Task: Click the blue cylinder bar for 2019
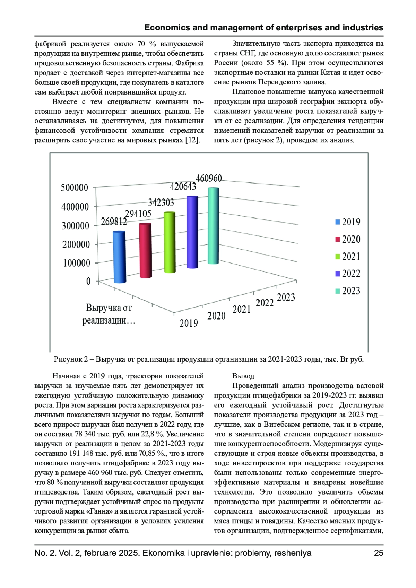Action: pyautogui.click(x=120, y=257)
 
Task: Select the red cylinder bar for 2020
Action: pyautogui.click(x=146, y=250)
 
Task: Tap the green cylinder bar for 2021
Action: pyautogui.click(x=170, y=242)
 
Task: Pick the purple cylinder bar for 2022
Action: pyautogui.click(x=192, y=232)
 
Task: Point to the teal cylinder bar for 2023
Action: pyautogui.click(x=213, y=226)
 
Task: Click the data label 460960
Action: pyautogui.click(x=209, y=178)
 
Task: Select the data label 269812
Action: pyautogui.click(x=114, y=222)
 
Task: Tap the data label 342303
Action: pyautogui.click(x=161, y=203)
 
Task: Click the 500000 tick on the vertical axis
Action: pyautogui.click(x=75, y=188)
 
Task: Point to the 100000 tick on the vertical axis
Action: pyautogui.click(x=77, y=263)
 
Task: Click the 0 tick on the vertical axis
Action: pyautogui.click(x=88, y=281)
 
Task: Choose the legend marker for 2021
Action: pyautogui.click(x=338, y=257)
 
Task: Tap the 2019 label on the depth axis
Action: pyautogui.click(x=189, y=323)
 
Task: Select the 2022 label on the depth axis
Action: pyautogui.click(x=265, y=303)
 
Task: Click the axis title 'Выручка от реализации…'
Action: pyautogui.click(x=109, y=314)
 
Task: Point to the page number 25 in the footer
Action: pyautogui.click(x=379, y=553)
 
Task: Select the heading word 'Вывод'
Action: pyautogui.click(x=243, y=376)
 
